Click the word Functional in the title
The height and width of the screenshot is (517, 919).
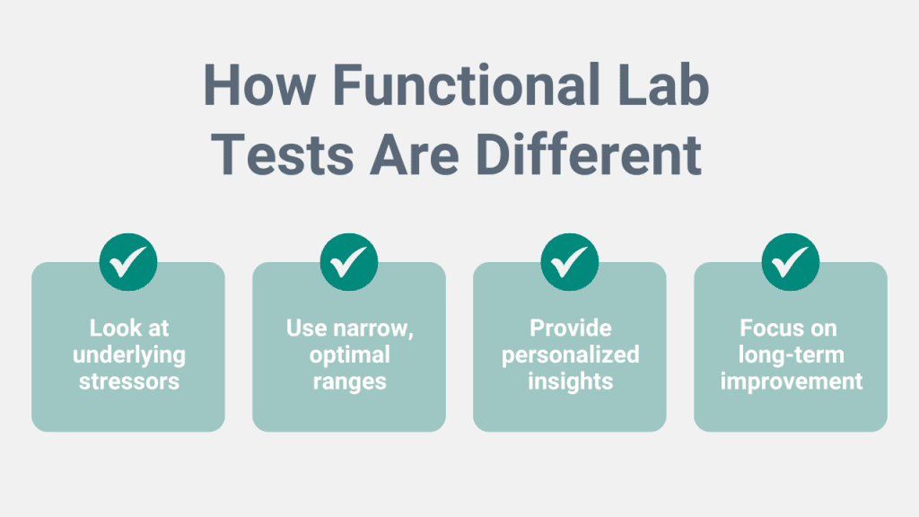tap(467, 85)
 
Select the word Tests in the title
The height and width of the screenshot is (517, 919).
tap(283, 154)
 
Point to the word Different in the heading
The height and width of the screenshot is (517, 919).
tap(590, 154)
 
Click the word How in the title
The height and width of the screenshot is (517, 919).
tap(259, 85)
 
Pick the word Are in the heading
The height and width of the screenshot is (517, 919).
tap(415, 154)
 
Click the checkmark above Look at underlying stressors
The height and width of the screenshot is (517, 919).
tap(128, 262)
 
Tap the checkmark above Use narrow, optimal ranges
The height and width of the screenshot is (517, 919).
tap(349, 262)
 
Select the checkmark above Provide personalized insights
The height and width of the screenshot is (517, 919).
tap(570, 262)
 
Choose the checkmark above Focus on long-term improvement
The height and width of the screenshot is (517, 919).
tap(791, 262)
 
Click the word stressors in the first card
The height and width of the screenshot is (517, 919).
tap(129, 381)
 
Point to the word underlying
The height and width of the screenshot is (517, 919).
tap(129, 355)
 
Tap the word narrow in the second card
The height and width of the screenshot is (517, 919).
tap(376, 329)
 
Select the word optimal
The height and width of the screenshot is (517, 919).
tap(350, 355)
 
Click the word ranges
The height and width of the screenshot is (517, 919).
tap(350, 382)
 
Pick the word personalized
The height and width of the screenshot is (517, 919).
tap(570, 355)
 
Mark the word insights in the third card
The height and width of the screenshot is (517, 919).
tap(570, 381)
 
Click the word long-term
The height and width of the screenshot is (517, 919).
tap(792, 355)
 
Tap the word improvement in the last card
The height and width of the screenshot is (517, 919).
tap(792, 381)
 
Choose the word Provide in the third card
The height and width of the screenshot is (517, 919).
tap(570, 329)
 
